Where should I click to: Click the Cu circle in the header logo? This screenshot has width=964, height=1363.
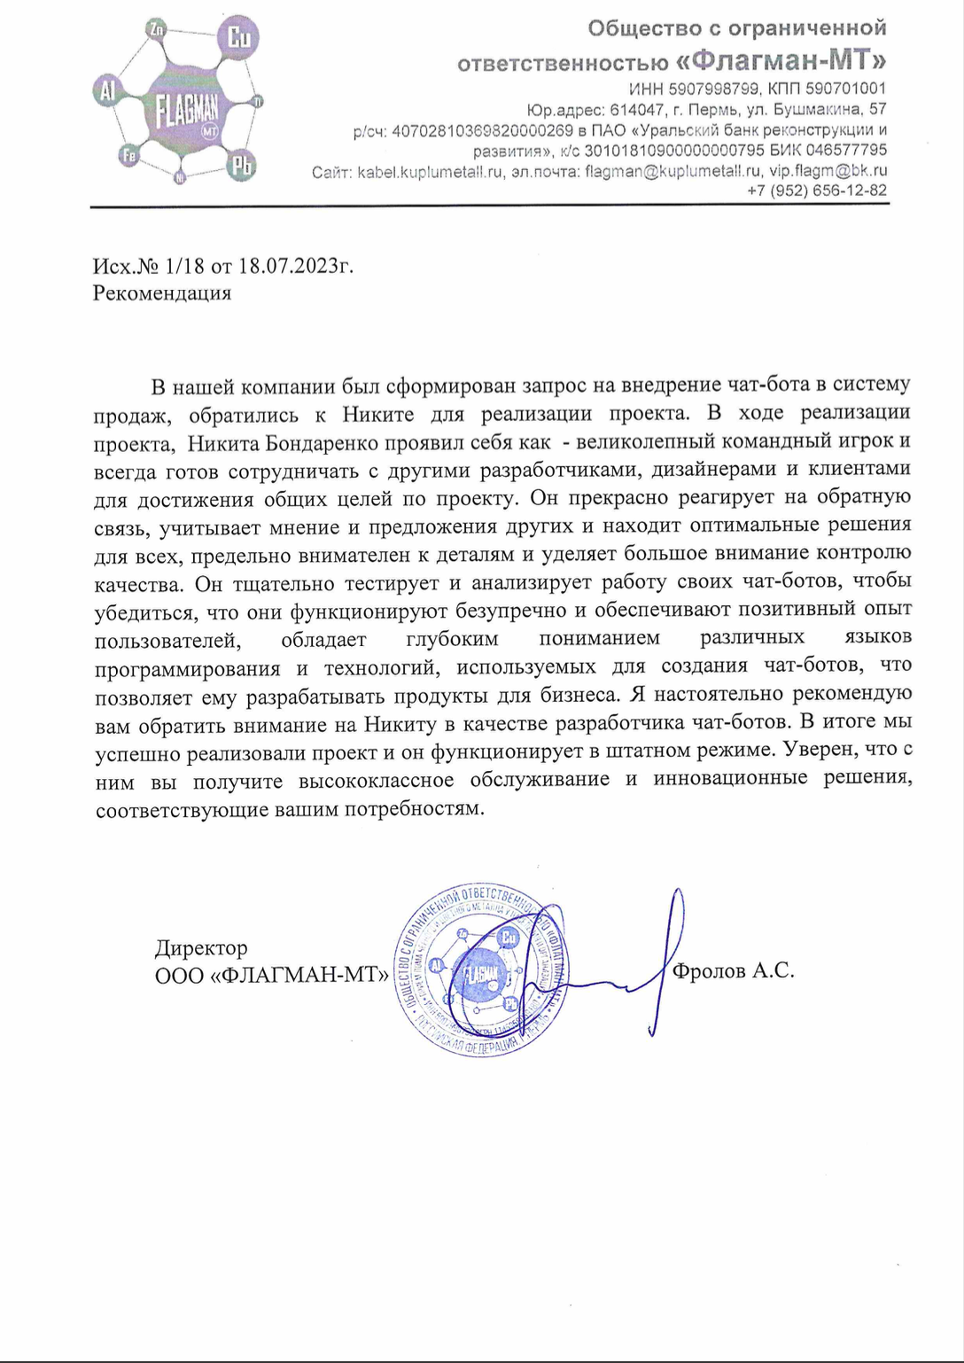click(238, 38)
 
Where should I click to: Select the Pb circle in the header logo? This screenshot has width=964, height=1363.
click(241, 165)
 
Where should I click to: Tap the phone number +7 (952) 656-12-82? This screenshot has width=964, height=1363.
click(816, 191)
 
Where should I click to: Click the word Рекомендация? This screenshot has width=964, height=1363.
click(162, 293)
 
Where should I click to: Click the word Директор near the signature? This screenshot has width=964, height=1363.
click(201, 948)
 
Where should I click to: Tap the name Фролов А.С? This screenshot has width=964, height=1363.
click(733, 971)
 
